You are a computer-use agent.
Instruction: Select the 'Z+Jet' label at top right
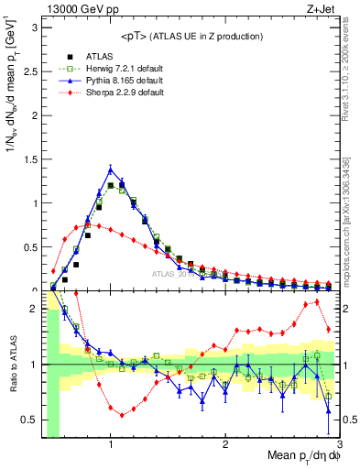coord(318,8)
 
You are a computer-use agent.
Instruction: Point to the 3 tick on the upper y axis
coord(34,27)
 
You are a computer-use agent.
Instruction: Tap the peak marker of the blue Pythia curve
coord(111,169)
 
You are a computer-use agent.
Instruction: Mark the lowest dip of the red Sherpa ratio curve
coord(121,415)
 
